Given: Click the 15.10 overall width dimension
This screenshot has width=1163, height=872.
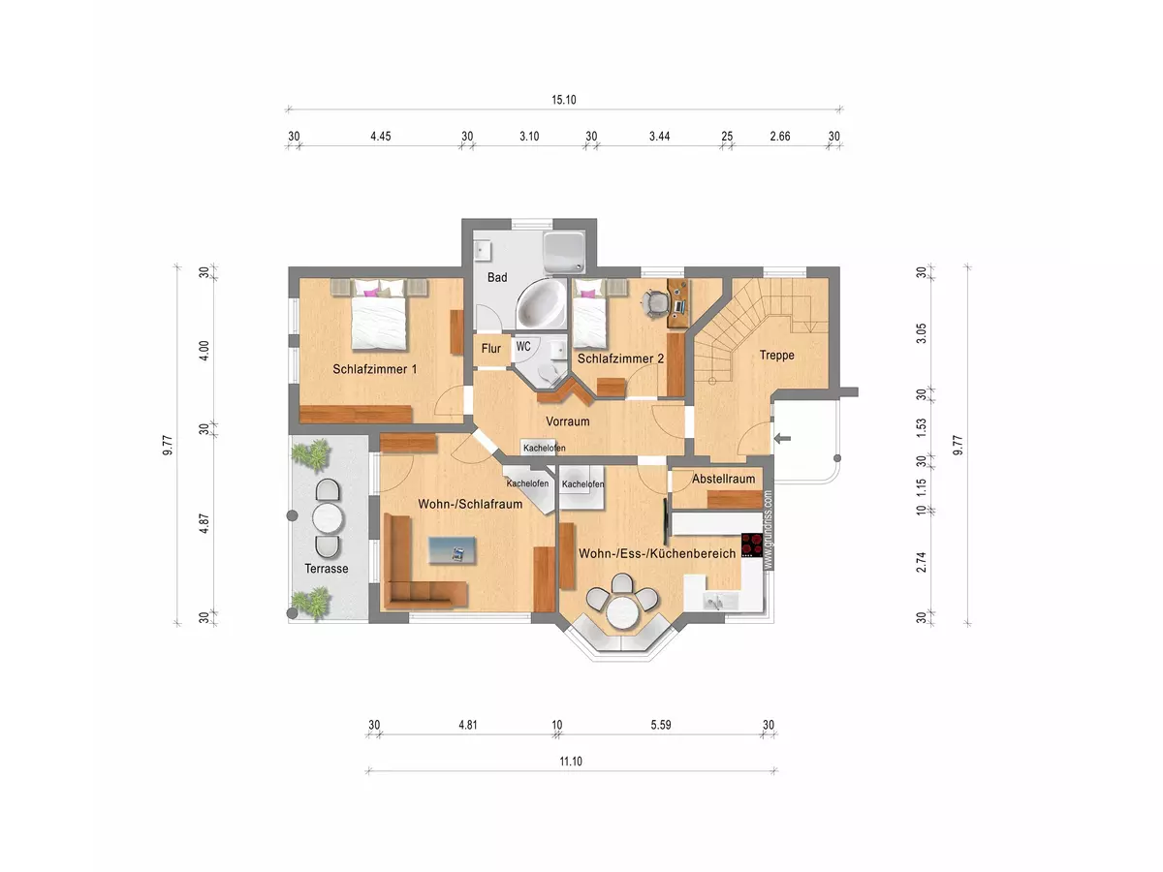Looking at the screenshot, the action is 564,100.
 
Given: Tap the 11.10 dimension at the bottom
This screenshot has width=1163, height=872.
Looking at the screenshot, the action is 571,762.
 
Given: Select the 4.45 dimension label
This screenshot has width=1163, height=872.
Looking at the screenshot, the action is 381,136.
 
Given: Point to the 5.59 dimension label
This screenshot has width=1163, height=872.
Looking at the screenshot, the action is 661,725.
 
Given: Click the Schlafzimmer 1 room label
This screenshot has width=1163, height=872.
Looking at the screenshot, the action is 375,369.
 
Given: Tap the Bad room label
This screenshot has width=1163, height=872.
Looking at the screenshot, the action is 497,277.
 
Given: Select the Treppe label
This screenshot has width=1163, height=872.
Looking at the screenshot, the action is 776,356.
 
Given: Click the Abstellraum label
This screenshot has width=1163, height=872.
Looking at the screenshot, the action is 723,479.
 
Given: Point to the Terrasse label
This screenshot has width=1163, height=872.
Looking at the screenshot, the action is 327,569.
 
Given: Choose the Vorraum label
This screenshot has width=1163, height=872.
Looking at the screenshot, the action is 568,421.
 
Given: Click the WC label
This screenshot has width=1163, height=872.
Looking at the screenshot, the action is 523,346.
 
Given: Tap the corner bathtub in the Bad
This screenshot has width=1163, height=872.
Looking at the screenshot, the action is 542,303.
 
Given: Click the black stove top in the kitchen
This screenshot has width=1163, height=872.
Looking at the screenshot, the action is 751,545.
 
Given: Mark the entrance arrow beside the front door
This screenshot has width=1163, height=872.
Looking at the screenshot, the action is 782,438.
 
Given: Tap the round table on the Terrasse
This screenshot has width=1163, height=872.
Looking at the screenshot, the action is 328,517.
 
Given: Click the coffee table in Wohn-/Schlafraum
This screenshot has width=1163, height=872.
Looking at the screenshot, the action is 452,550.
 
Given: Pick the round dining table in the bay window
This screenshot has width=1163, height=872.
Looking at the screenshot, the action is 622,612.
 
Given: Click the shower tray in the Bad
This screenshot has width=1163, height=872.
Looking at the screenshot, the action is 565,250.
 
